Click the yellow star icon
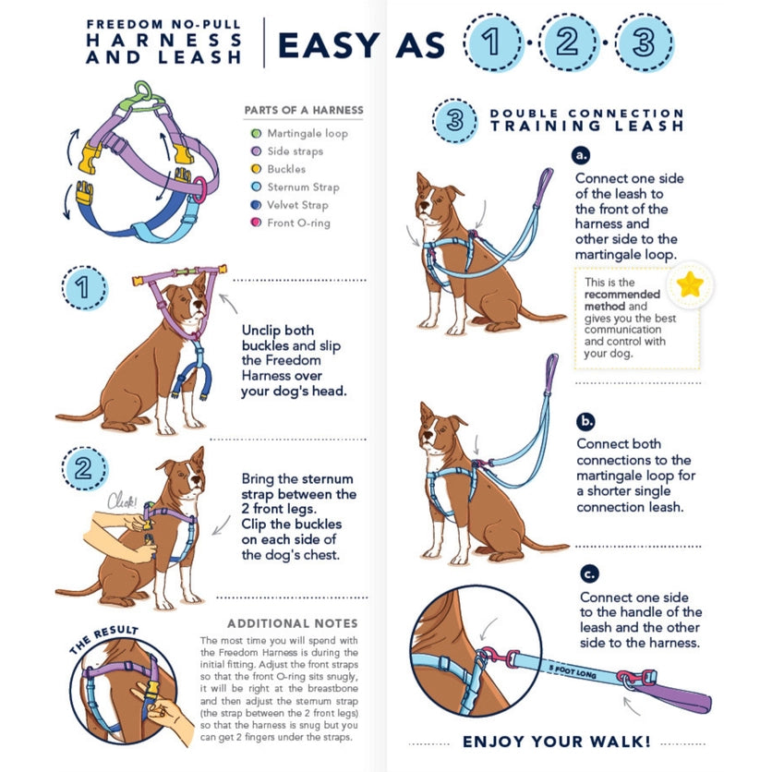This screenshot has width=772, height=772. pos(689,285)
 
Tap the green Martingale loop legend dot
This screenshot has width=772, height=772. pos(256,134)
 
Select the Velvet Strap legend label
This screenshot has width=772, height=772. pos(297,205)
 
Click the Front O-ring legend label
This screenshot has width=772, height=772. pos(298,223)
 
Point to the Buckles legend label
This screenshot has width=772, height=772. pos(286,170)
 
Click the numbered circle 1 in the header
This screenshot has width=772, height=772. pos(493,42)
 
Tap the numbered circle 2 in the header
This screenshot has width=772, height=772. pos(567,42)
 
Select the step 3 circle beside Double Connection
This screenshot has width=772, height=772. pos(454,120)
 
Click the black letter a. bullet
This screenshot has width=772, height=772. pos(582,155)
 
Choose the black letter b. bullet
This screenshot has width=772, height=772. pos(585,422)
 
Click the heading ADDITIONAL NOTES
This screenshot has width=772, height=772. pos(293,623)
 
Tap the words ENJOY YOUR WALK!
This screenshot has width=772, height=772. pos(557,742)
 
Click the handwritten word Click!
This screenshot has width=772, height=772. pos(121,502)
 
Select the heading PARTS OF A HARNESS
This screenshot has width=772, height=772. pos(303,110)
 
